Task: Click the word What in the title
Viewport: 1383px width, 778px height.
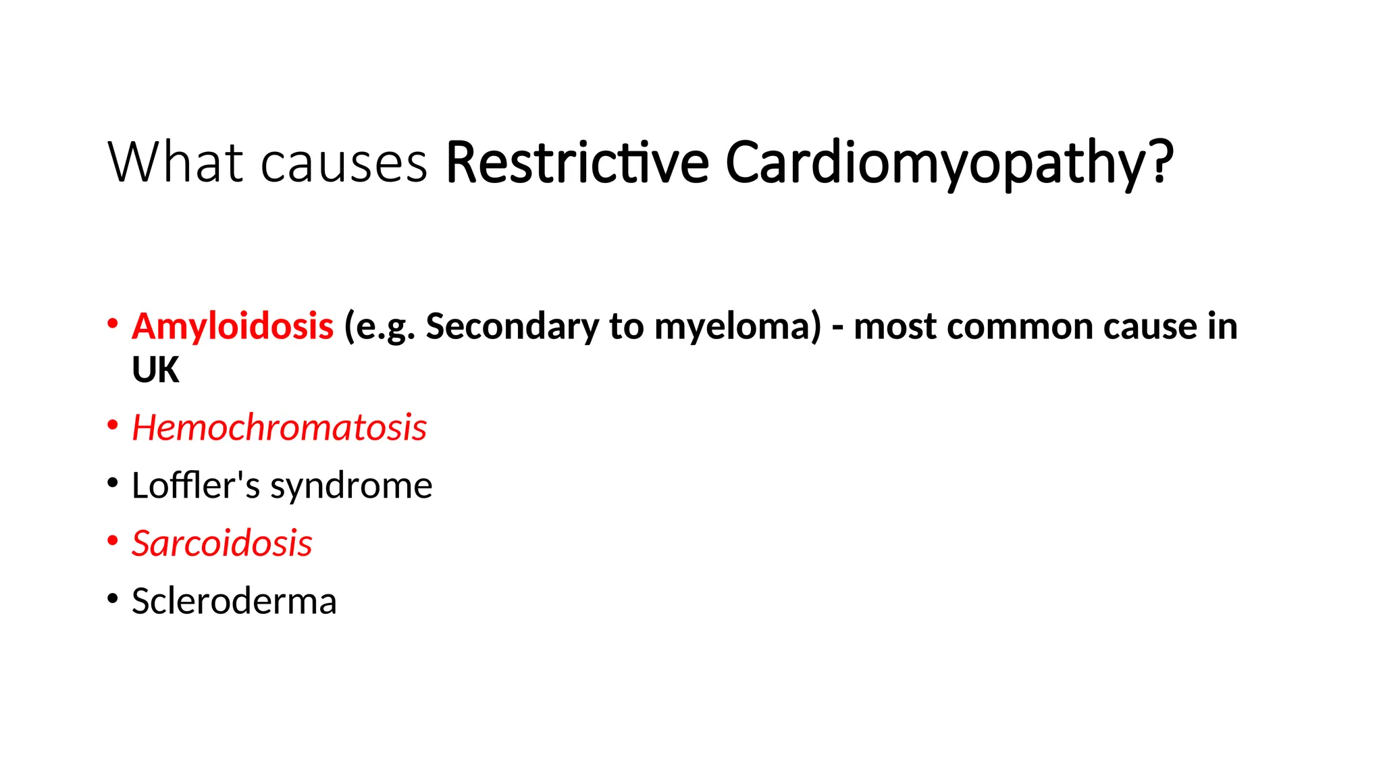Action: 176,162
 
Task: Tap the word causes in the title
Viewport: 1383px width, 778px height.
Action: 344,163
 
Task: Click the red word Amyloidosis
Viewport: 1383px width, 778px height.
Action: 232,327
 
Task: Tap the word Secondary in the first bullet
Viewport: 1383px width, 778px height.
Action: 512,327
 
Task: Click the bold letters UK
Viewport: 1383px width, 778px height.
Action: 155,370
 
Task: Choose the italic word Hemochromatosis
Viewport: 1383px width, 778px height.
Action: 279,427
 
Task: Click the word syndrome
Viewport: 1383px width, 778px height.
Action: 351,486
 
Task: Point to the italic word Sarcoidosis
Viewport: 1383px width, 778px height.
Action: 221,544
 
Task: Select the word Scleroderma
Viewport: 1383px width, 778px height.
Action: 234,601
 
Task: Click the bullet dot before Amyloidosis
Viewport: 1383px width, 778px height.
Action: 113,323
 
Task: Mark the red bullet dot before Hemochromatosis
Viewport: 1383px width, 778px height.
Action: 113,425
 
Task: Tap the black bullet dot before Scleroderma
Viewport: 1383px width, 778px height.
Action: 113,598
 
